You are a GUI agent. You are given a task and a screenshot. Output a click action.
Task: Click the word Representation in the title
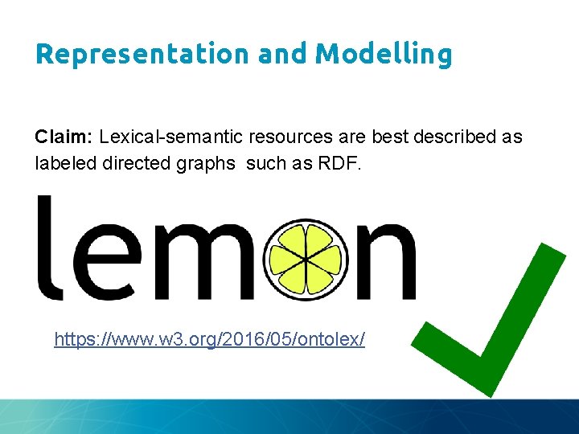pyautogui.click(x=144, y=54)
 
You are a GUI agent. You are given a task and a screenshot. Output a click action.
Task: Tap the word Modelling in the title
pyautogui.click(x=384, y=54)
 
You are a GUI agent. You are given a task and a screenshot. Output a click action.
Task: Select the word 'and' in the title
pyautogui.click(x=284, y=54)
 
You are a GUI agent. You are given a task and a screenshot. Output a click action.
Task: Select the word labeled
pyautogui.click(x=61, y=163)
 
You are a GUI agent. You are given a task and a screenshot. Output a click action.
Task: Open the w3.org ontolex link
pyautogui.click(x=209, y=339)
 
